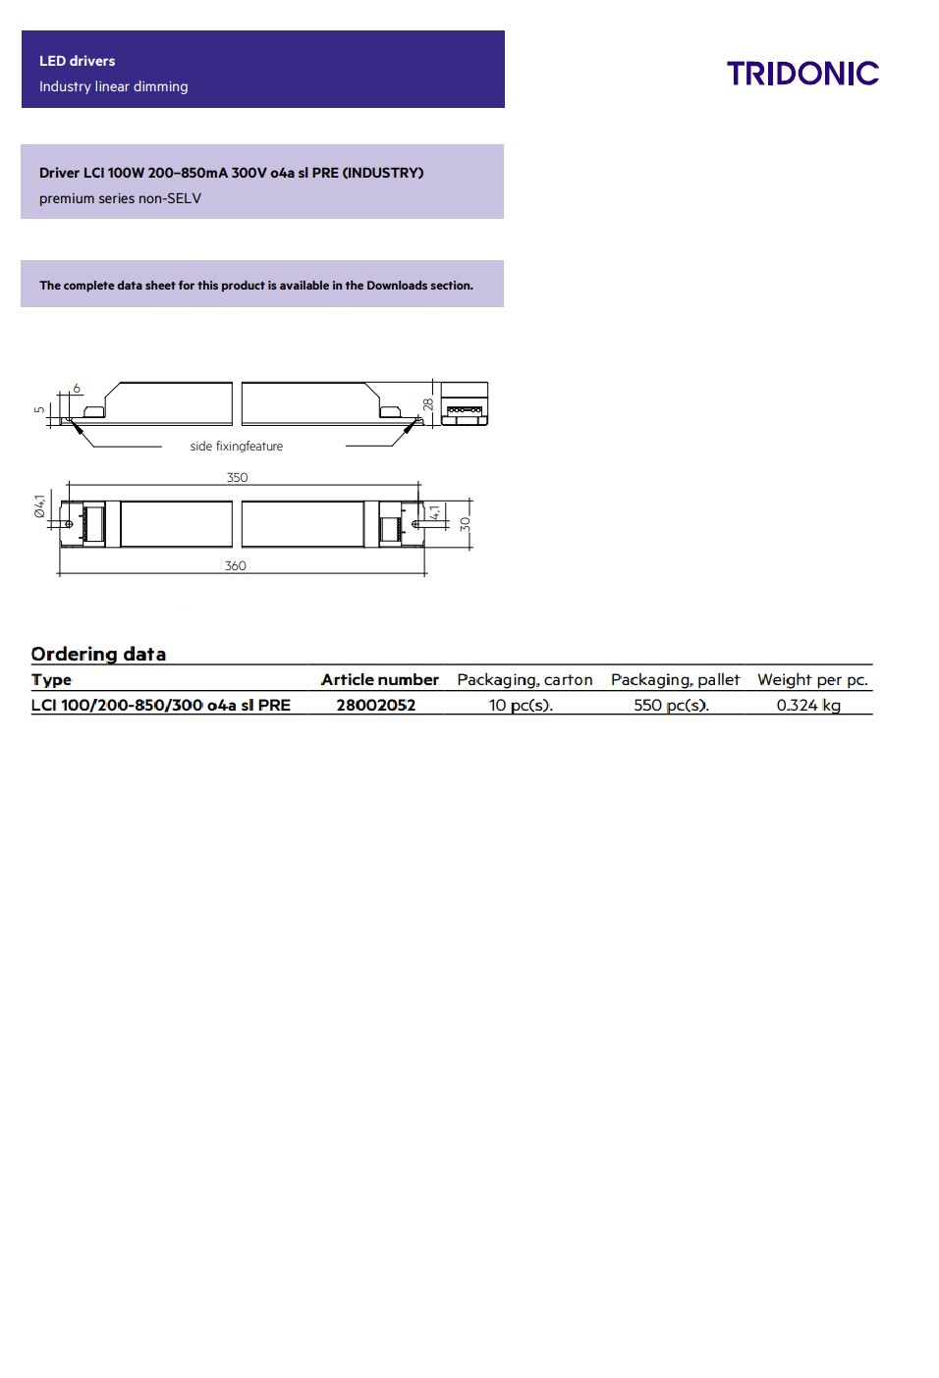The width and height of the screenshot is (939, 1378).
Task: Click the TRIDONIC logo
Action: [x=802, y=74]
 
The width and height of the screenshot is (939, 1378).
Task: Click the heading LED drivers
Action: [x=77, y=61]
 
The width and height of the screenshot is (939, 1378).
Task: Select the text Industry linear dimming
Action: [x=113, y=86]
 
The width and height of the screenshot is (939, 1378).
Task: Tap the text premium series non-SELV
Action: [x=120, y=198]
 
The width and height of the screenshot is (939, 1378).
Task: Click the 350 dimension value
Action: [x=237, y=478]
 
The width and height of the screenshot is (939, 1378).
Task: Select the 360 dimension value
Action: [x=235, y=566]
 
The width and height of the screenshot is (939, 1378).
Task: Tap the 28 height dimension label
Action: [x=428, y=403]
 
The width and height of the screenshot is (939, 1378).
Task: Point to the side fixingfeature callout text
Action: [x=236, y=447]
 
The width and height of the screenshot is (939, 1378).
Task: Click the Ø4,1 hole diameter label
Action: [x=39, y=505]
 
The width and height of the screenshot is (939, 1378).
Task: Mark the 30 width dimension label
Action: [x=466, y=524]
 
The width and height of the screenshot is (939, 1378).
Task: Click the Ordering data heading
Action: [x=98, y=654]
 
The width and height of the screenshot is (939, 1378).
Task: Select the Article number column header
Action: [x=379, y=679]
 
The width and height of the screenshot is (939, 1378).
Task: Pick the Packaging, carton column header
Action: [x=525, y=679]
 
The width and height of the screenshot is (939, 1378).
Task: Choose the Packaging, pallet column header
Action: [x=675, y=679]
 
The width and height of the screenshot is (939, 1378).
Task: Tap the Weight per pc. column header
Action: [x=812, y=679]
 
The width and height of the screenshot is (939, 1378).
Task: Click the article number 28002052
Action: [x=375, y=705]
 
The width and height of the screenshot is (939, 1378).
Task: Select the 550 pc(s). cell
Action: [x=671, y=705]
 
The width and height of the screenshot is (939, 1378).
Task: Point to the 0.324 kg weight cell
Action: [x=808, y=705]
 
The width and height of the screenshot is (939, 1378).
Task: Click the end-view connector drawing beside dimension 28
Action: [x=465, y=403]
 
